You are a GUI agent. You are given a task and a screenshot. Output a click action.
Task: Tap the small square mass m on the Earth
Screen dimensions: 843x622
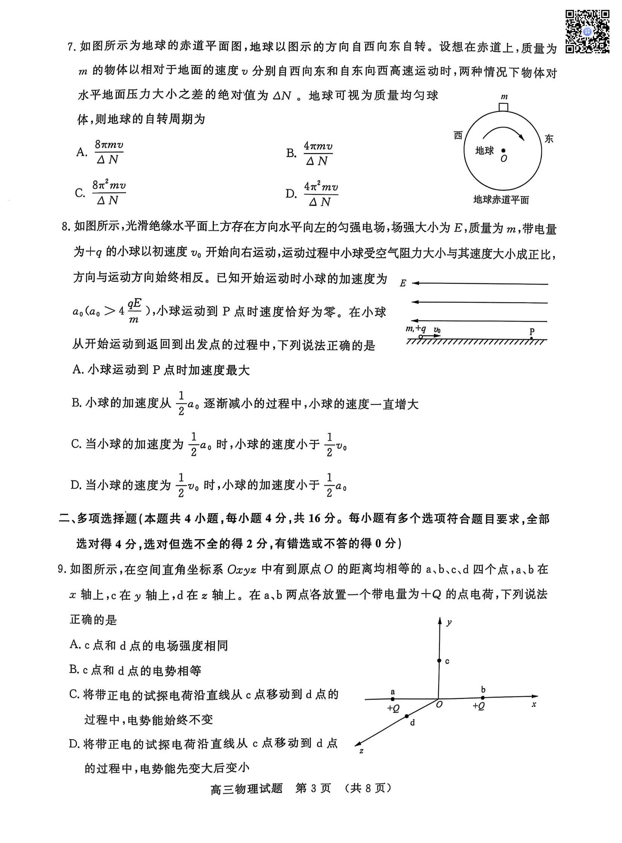[x=503, y=107]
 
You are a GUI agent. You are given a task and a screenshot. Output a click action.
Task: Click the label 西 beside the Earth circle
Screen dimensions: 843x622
[x=458, y=135]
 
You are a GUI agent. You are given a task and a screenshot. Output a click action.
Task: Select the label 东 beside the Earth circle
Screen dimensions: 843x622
[x=549, y=138]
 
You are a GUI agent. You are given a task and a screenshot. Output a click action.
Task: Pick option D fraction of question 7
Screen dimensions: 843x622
[x=320, y=194]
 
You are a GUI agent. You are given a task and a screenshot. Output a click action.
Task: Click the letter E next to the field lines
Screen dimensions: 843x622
[x=403, y=283]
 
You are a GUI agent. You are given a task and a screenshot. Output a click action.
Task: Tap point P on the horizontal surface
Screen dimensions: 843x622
[x=531, y=338]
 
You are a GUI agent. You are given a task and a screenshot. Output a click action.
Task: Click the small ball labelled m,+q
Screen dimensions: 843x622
[x=421, y=337]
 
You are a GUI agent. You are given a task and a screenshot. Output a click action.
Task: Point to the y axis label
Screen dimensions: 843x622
[x=449, y=622]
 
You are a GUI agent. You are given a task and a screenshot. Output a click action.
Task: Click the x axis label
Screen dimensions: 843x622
[x=534, y=705]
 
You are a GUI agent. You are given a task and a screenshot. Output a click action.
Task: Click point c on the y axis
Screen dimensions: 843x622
[x=439, y=661]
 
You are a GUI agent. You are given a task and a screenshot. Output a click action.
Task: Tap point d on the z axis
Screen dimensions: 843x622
[x=407, y=716]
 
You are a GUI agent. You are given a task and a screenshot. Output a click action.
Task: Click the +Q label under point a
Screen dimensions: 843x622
[x=393, y=708]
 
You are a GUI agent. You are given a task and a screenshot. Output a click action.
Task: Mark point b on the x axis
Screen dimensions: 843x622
[x=483, y=697]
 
